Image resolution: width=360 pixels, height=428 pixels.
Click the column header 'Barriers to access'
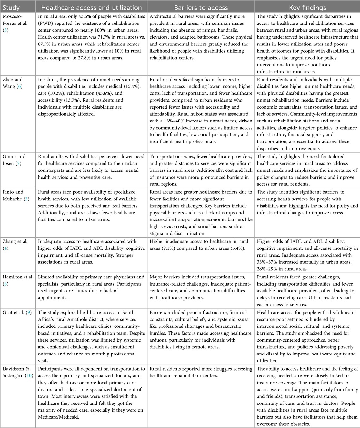pyautogui.click(x=201, y=7)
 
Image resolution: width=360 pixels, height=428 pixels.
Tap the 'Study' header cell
pyautogui.click(x=11, y=7)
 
